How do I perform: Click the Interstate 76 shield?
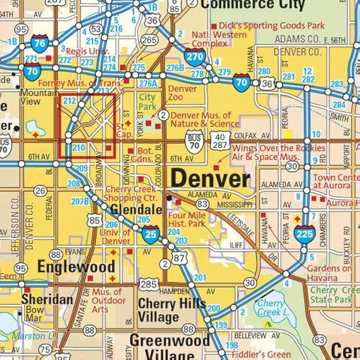[x=40, y=44]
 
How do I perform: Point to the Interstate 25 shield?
[x=150, y=234]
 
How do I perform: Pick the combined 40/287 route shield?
[x=220, y=141]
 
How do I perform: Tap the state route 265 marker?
[x=149, y=40]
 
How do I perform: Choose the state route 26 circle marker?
[x=41, y=191]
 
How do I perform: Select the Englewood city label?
[x=76, y=267]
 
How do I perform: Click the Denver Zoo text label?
[x=183, y=93]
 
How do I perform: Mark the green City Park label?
[x=148, y=102]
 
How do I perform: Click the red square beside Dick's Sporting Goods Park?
[x=214, y=26]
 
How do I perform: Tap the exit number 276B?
[x=175, y=67]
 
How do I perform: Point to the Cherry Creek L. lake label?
[x=273, y=307]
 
